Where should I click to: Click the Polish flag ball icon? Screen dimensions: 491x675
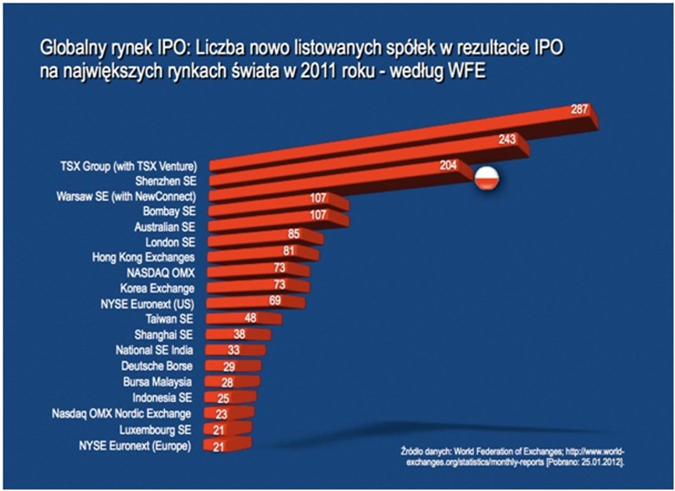(x=488, y=178)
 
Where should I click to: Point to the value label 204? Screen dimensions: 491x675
(x=449, y=166)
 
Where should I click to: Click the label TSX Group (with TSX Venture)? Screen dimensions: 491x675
(x=129, y=166)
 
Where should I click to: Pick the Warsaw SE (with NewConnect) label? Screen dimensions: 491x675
(x=126, y=196)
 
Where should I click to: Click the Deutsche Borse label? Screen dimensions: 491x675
(x=157, y=366)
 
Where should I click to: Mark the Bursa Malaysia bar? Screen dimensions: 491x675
(x=230, y=382)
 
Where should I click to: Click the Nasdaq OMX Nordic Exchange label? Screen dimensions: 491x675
(x=121, y=413)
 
